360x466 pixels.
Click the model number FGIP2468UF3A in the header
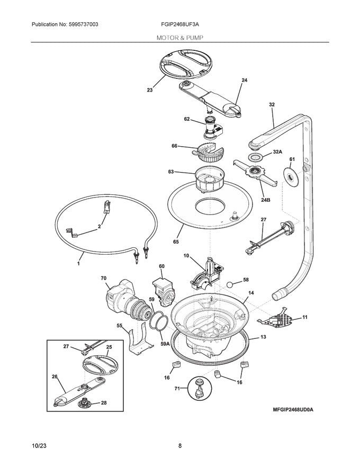click(179, 25)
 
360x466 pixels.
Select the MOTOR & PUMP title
click(179, 38)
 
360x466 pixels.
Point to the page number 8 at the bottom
click(180, 446)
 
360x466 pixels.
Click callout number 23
click(150, 90)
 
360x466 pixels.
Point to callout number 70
click(104, 277)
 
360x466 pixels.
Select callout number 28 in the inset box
click(104, 403)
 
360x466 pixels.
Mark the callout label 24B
click(266, 200)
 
